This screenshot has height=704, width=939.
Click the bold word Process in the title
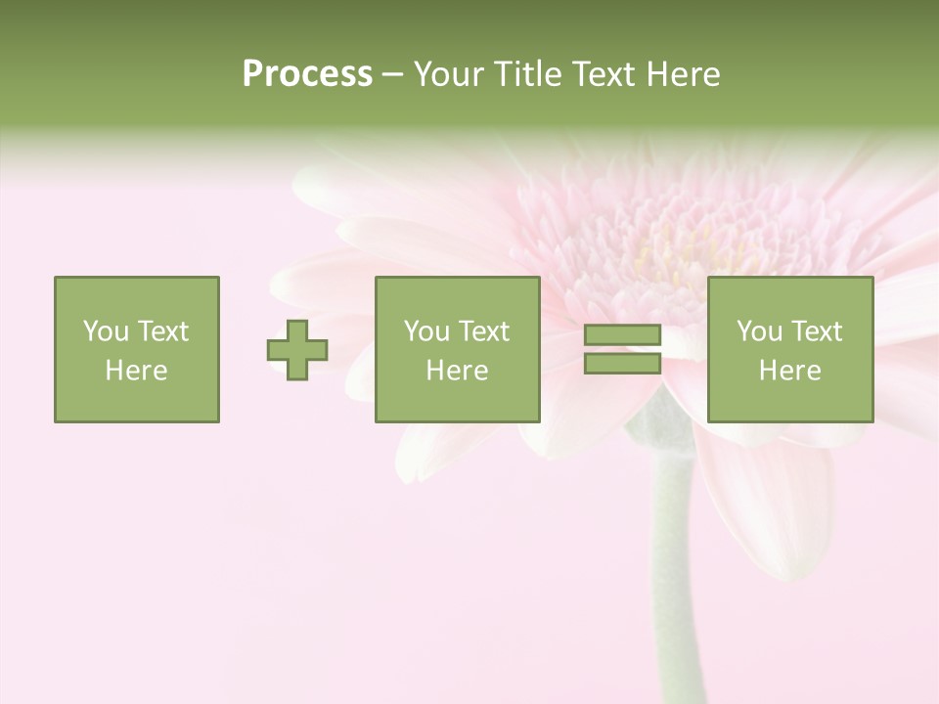307,74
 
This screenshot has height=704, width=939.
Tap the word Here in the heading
682,74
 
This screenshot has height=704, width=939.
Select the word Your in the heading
450,74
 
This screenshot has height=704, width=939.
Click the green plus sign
297,350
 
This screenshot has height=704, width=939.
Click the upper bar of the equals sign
622,335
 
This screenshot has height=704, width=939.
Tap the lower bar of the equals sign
622,363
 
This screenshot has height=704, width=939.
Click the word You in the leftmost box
105,331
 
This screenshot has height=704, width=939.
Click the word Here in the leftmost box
136,371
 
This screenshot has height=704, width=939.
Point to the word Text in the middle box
484,331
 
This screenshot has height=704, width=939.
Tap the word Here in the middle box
457,371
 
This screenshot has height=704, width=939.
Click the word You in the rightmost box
759,331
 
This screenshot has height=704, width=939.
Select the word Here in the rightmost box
790,371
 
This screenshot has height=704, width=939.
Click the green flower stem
676,567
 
